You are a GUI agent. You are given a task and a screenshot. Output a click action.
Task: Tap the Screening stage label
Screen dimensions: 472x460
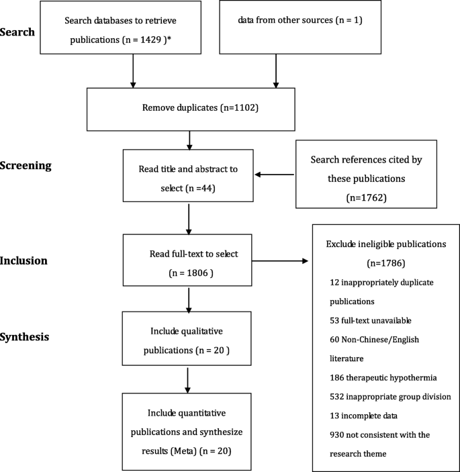pyautogui.click(x=28, y=164)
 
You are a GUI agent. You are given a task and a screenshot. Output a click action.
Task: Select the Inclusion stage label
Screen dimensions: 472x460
pyautogui.click(x=24, y=261)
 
